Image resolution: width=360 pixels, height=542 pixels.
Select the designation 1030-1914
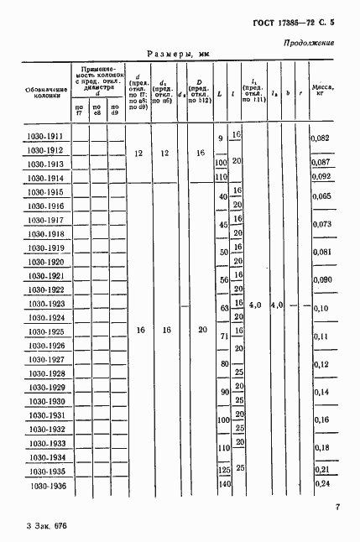click(44, 178)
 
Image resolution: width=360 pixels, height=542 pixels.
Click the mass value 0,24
click(320, 484)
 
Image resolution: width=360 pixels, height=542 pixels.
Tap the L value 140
click(222, 485)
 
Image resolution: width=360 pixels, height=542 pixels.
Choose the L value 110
click(222, 177)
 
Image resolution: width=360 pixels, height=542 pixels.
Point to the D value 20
click(200, 331)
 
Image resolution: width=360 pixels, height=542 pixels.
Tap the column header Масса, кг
click(321, 91)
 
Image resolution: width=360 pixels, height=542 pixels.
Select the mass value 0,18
click(320, 447)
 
